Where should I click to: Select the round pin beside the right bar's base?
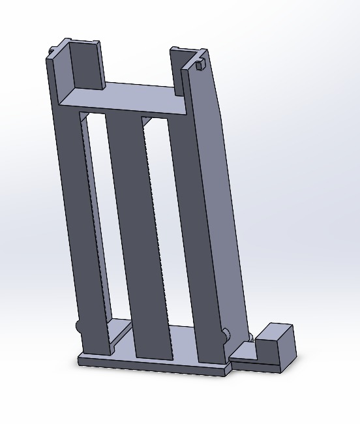(x=226, y=335)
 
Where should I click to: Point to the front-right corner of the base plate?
(x=229, y=371)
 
